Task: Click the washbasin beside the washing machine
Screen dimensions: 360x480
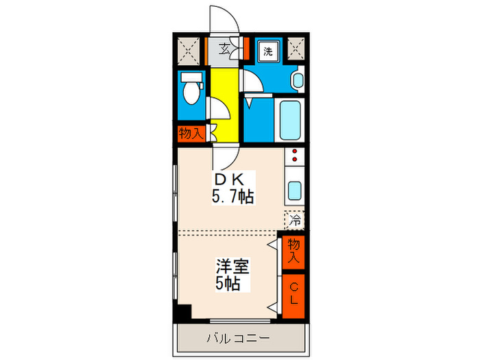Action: pyautogui.click(x=297, y=81)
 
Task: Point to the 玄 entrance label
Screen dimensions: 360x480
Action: pyautogui.click(x=226, y=49)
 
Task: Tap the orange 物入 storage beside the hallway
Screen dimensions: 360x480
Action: pyautogui.click(x=190, y=133)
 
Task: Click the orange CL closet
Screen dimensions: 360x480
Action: pyautogui.click(x=293, y=296)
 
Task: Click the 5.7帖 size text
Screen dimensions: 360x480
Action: pyautogui.click(x=232, y=197)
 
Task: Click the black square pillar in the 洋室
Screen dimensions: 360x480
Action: pyautogui.click(x=182, y=311)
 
